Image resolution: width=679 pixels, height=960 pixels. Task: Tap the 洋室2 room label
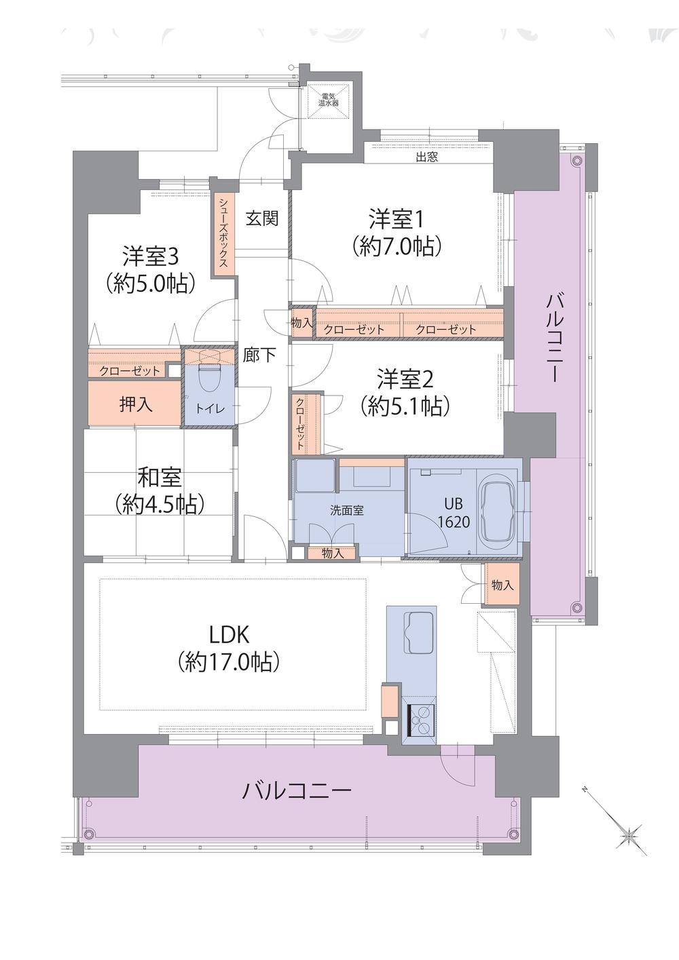[405, 377]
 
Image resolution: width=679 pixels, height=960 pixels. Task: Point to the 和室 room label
[160, 477]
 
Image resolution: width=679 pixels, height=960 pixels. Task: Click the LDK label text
[229, 634]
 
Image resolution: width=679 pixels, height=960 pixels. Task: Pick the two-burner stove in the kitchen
[422, 721]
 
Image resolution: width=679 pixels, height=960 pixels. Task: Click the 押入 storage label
[136, 405]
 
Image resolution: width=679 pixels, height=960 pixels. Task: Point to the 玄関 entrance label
[262, 218]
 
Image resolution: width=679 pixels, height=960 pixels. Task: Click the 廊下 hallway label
[259, 354]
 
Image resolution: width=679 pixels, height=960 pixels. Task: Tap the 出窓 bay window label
[426, 157]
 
